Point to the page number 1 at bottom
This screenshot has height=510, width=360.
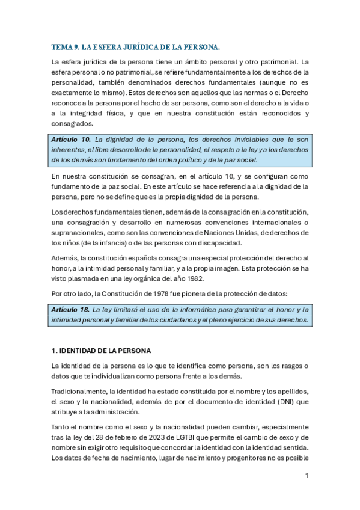coord(307,476)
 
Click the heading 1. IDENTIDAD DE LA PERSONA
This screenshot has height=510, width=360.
coord(101,351)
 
